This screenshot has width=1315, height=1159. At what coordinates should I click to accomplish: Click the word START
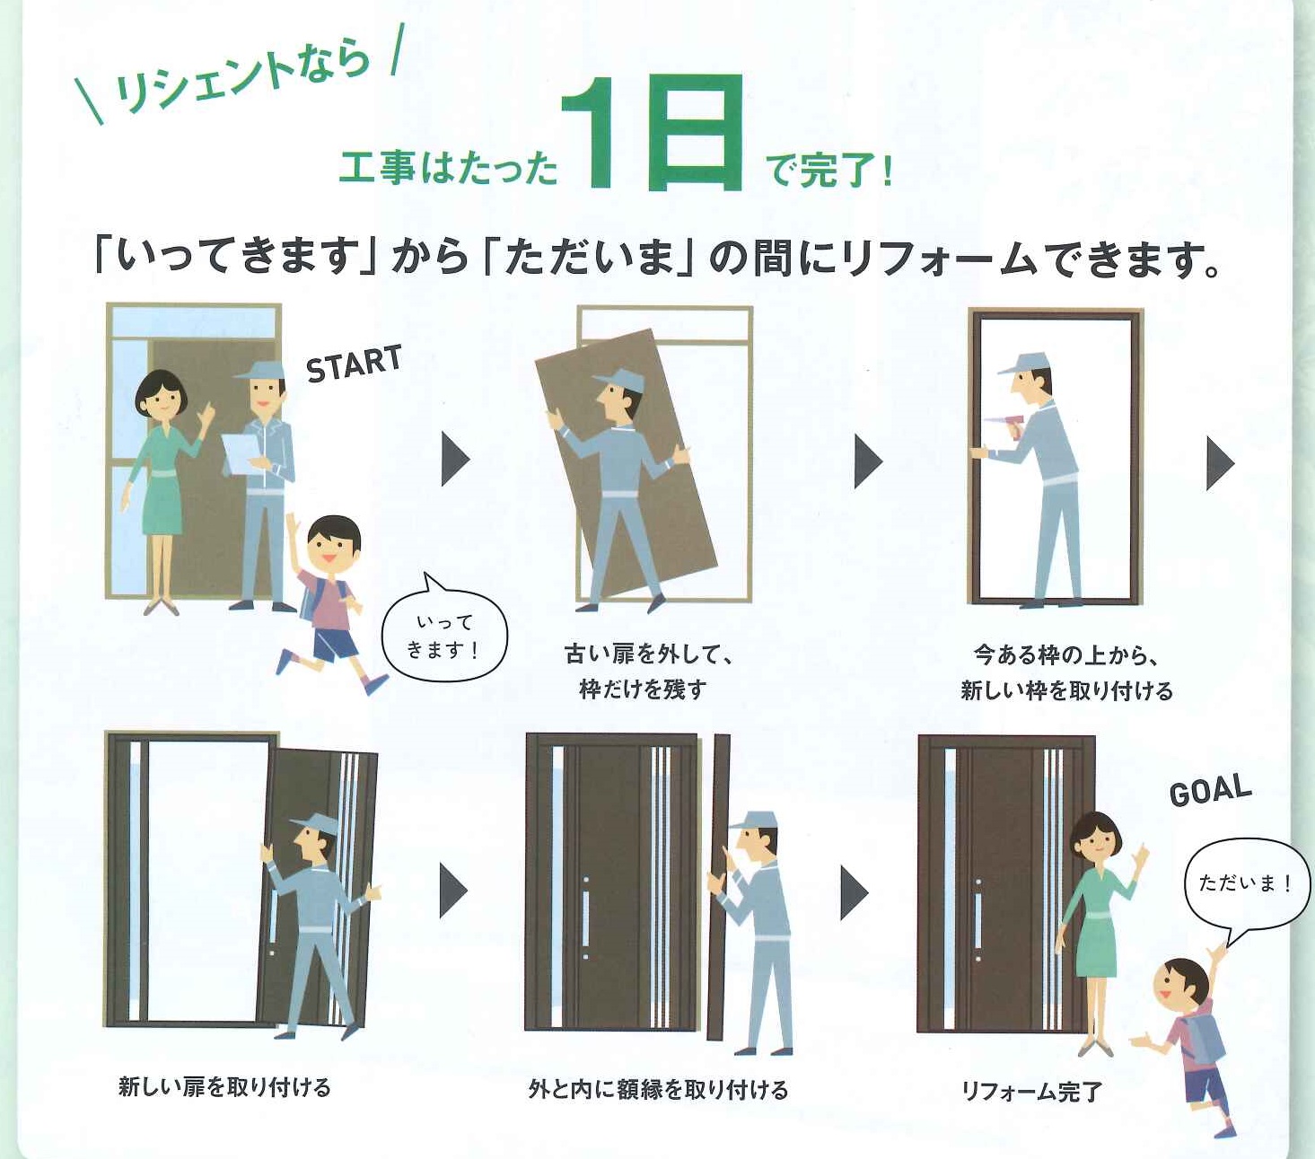(353, 363)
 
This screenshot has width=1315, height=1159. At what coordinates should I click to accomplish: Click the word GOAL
(1210, 790)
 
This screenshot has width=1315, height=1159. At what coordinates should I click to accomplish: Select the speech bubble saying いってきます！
(444, 637)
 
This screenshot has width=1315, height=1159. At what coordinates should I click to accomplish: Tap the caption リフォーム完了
(1030, 1092)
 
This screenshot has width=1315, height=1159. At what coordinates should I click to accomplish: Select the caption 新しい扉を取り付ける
(224, 1087)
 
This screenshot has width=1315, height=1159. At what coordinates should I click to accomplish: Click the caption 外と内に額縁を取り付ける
(658, 1090)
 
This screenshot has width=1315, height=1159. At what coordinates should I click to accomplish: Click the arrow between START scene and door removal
(455, 460)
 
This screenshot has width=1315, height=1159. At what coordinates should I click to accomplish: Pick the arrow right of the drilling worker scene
(1220, 463)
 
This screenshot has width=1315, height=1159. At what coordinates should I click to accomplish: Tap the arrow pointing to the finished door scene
(854, 892)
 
